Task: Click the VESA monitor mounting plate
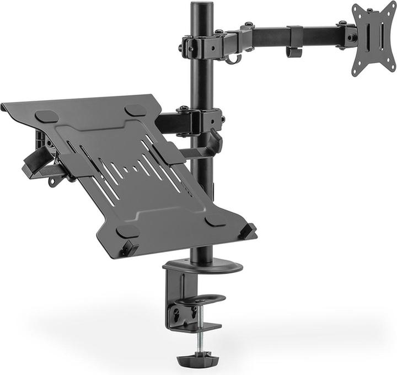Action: [374, 39]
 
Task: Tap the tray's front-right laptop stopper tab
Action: [246, 230]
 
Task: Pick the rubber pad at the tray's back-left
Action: [46, 117]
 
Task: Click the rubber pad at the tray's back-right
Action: [135, 110]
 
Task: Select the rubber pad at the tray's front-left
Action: [128, 232]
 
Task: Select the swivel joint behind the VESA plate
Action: [349, 36]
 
